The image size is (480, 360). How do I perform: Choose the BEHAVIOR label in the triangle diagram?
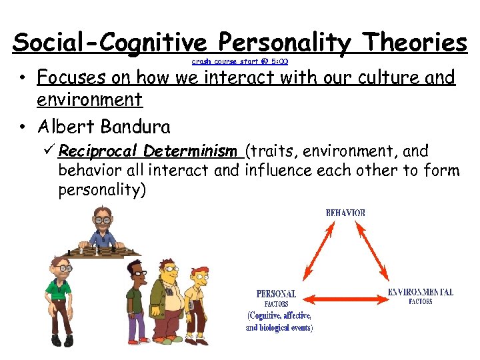tap(345, 213)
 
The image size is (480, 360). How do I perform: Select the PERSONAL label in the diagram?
tap(276, 293)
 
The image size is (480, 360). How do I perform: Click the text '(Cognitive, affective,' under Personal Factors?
tap(279, 315)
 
